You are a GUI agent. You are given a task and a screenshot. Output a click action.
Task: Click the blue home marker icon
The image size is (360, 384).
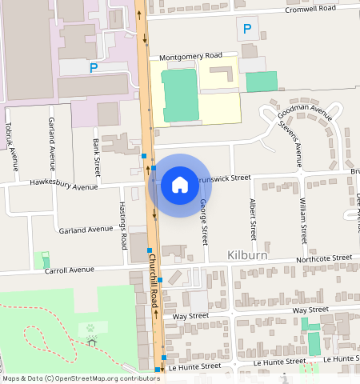click(180, 185)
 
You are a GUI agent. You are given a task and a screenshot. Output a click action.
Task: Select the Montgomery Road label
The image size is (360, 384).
click(190, 57)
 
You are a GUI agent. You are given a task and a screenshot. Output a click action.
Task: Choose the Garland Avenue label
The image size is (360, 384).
click(86, 230)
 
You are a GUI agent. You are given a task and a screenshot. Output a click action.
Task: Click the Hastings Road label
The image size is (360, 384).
click(123, 226)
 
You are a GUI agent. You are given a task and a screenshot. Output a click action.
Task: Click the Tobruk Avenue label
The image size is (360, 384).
click(10, 146)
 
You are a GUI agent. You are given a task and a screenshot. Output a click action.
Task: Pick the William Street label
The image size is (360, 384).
click(303, 221)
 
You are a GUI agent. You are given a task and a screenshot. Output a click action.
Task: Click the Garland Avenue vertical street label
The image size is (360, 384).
click(52, 138)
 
